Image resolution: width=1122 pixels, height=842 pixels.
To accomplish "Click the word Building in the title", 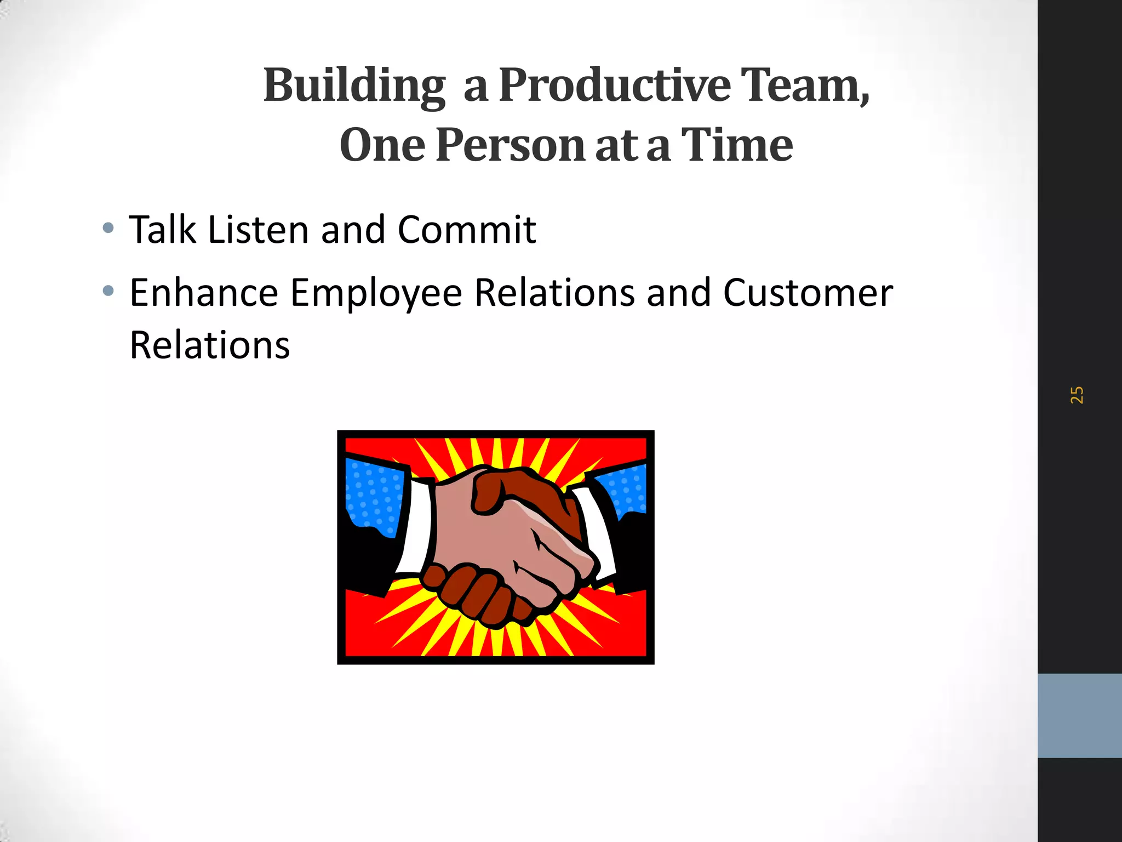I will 354,86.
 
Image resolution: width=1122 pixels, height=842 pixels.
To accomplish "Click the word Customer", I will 808,293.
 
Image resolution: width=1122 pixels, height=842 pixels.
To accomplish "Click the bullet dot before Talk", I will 108,228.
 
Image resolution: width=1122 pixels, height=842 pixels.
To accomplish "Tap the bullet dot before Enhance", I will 108,291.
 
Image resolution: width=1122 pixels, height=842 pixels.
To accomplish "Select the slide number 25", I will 1077,395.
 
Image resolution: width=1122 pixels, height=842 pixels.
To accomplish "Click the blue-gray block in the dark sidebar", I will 1079,715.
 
